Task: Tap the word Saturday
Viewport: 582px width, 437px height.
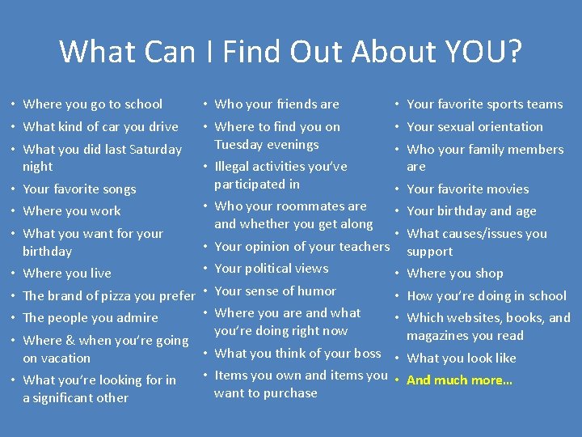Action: pyautogui.click(x=154, y=149)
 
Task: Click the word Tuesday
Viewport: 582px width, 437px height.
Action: pyautogui.click(x=241, y=144)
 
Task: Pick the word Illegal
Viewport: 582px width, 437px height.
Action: pyautogui.click(x=235, y=166)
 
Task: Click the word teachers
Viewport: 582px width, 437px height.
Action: pyautogui.click(x=357, y=246)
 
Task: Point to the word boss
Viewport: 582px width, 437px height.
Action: pyautogui.click(x=368, y=353)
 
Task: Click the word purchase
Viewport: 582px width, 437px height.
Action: pyautogui.click(x=290, y=392)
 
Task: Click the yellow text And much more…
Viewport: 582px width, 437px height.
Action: pyautogui.click(x=459, y=380)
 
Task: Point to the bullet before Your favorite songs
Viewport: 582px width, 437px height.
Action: pyautogui.click(x=14, y=189)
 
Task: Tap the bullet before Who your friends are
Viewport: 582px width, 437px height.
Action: pyautogui.click(x=206, y=104)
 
